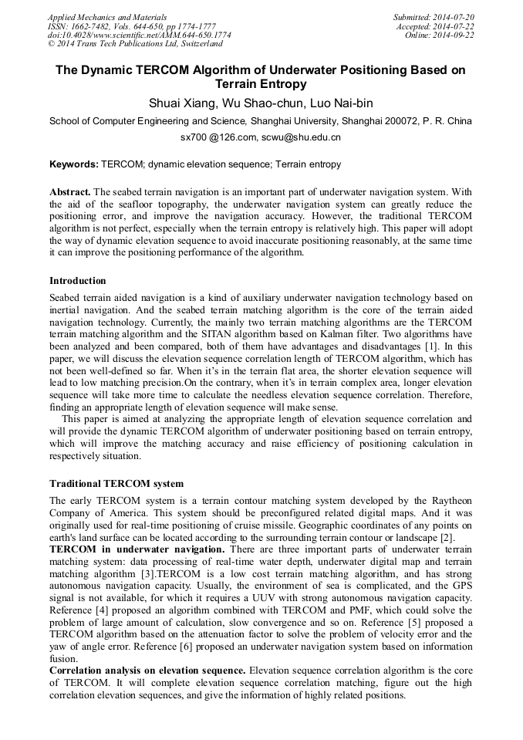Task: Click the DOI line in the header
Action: point(139,35)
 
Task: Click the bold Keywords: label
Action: point(74,164)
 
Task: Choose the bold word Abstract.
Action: point(69,191)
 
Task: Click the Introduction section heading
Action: point(78,281)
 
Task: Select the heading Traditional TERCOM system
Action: point(116,484)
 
